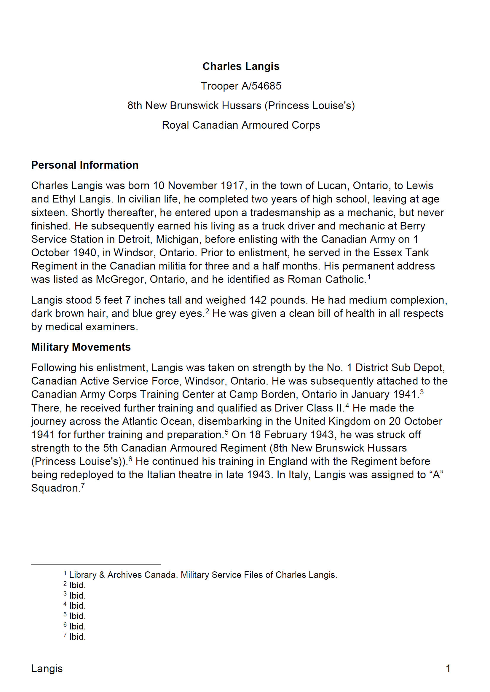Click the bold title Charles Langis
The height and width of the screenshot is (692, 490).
pos(241,66)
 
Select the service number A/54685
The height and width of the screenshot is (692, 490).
pos(261,86)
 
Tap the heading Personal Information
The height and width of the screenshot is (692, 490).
pos(85,165)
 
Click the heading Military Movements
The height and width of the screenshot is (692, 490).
pos(81,347)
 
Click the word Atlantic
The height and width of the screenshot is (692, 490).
pos(145,421)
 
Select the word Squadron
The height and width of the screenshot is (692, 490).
pos(55,488)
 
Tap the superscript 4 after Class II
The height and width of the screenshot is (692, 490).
pos(347,405)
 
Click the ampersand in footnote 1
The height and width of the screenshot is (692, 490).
pos(102,575)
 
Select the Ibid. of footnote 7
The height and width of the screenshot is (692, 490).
pos(78,637)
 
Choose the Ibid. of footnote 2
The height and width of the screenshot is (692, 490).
pos(78,585)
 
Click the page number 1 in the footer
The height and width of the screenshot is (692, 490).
pos(448,669)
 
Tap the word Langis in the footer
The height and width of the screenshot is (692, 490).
pos(47,669)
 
